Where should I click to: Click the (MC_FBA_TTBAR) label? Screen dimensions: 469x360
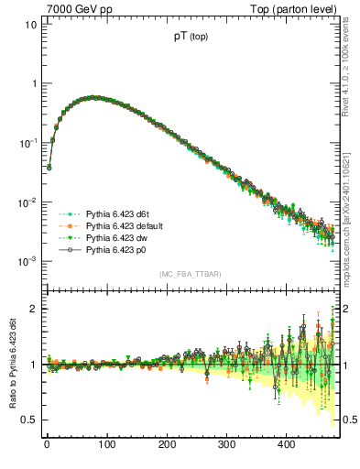(191, 274)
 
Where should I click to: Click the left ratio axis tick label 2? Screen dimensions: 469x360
(35, 309)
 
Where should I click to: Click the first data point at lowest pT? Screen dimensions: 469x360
(49, 167)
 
